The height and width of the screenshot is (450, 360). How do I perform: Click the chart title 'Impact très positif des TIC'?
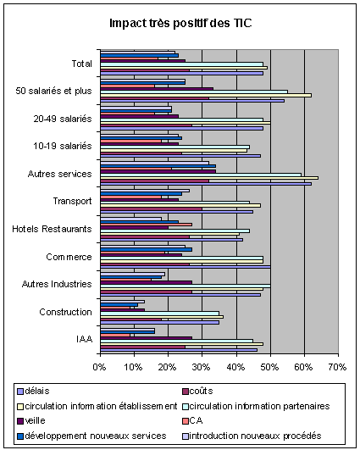[180, 23]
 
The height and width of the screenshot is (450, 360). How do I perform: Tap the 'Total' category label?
[82, 64]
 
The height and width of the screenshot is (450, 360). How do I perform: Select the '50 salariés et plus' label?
[53, 91]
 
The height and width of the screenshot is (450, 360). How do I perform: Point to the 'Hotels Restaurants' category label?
[52, 229]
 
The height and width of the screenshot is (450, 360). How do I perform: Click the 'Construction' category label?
[66, 312]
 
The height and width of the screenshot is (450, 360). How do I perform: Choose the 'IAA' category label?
[85, 339]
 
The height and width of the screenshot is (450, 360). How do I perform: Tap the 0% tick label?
[100, 367]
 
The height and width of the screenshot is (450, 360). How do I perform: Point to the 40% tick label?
[235, 367]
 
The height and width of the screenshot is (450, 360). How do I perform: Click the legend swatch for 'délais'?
[20, 392]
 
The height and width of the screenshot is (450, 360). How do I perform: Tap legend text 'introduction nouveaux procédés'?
[255, 436]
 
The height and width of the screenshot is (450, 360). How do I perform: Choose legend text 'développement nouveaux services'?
[96, 436]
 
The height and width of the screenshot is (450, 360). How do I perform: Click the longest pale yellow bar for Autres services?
[209, 178]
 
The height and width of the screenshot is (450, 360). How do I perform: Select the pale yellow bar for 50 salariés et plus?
[206, 95]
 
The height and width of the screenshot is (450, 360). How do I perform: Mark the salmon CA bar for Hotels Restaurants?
[146, 225]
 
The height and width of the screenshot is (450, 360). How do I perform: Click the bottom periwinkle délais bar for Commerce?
[186, 267]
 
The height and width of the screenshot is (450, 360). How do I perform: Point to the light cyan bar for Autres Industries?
[186, 286]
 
